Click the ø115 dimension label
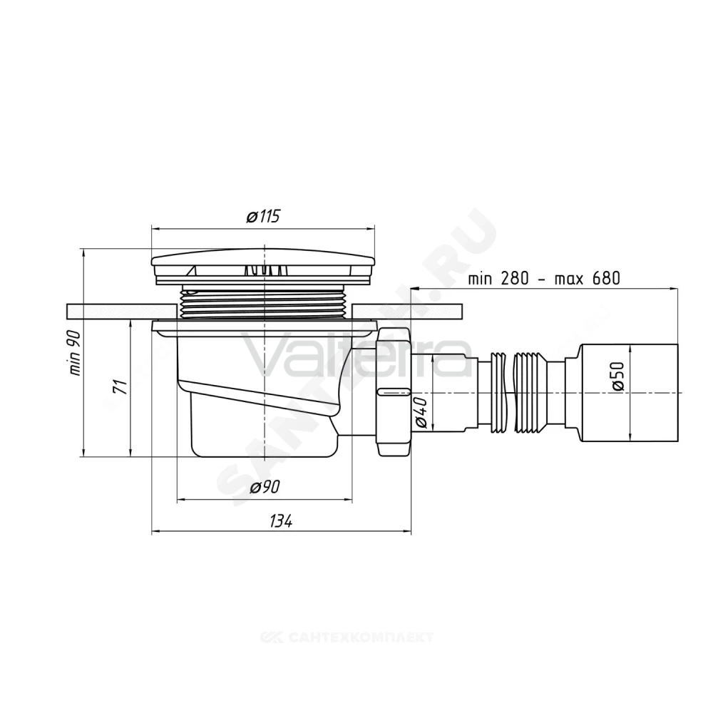263,217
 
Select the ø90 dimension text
265,488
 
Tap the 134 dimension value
280,521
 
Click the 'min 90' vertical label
75,353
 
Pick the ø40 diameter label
421,412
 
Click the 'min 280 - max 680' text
544,278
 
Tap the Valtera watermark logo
357,354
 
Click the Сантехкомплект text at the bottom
347,637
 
